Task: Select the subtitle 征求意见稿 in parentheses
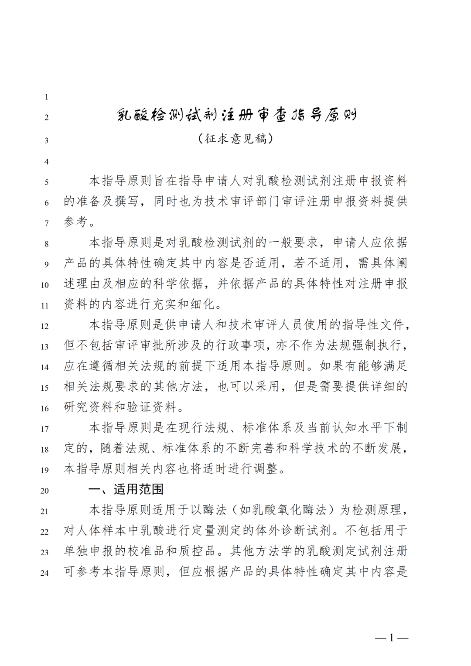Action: (236, 139)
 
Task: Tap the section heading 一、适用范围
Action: (126, 489)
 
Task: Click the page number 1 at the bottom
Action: (392, 638)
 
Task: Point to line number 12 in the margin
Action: (44, 326)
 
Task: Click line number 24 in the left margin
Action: (44, 573)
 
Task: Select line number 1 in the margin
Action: (46, 97)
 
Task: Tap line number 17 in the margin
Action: (44, 429)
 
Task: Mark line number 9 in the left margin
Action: (46, 264)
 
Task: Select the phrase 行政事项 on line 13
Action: (241, 345)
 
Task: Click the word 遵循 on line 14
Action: (102, 366)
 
